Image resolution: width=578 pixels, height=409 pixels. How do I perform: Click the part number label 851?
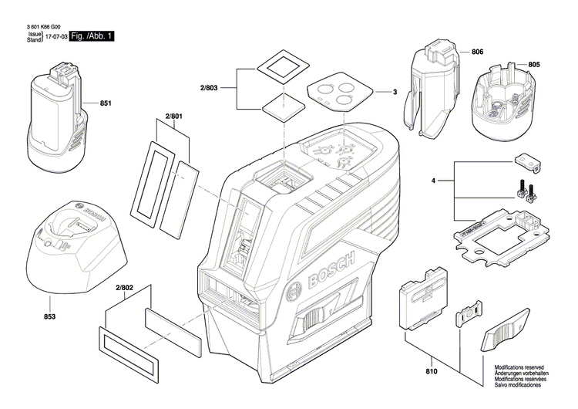pyautogui.click(x=106, y=103)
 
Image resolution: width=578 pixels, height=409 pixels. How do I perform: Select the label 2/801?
pyautogui.click(x=173, y=117)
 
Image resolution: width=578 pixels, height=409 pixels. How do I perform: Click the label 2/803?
pyautogui.click(x=209, y=90)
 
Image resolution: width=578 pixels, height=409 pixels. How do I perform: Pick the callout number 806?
pyautogui.click(x=477, y=52)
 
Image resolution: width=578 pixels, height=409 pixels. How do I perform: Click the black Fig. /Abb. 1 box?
pyautogui.click(x=91, y=36)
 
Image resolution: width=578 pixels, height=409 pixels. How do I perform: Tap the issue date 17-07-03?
pyautogui.click(x=55, y=36)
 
